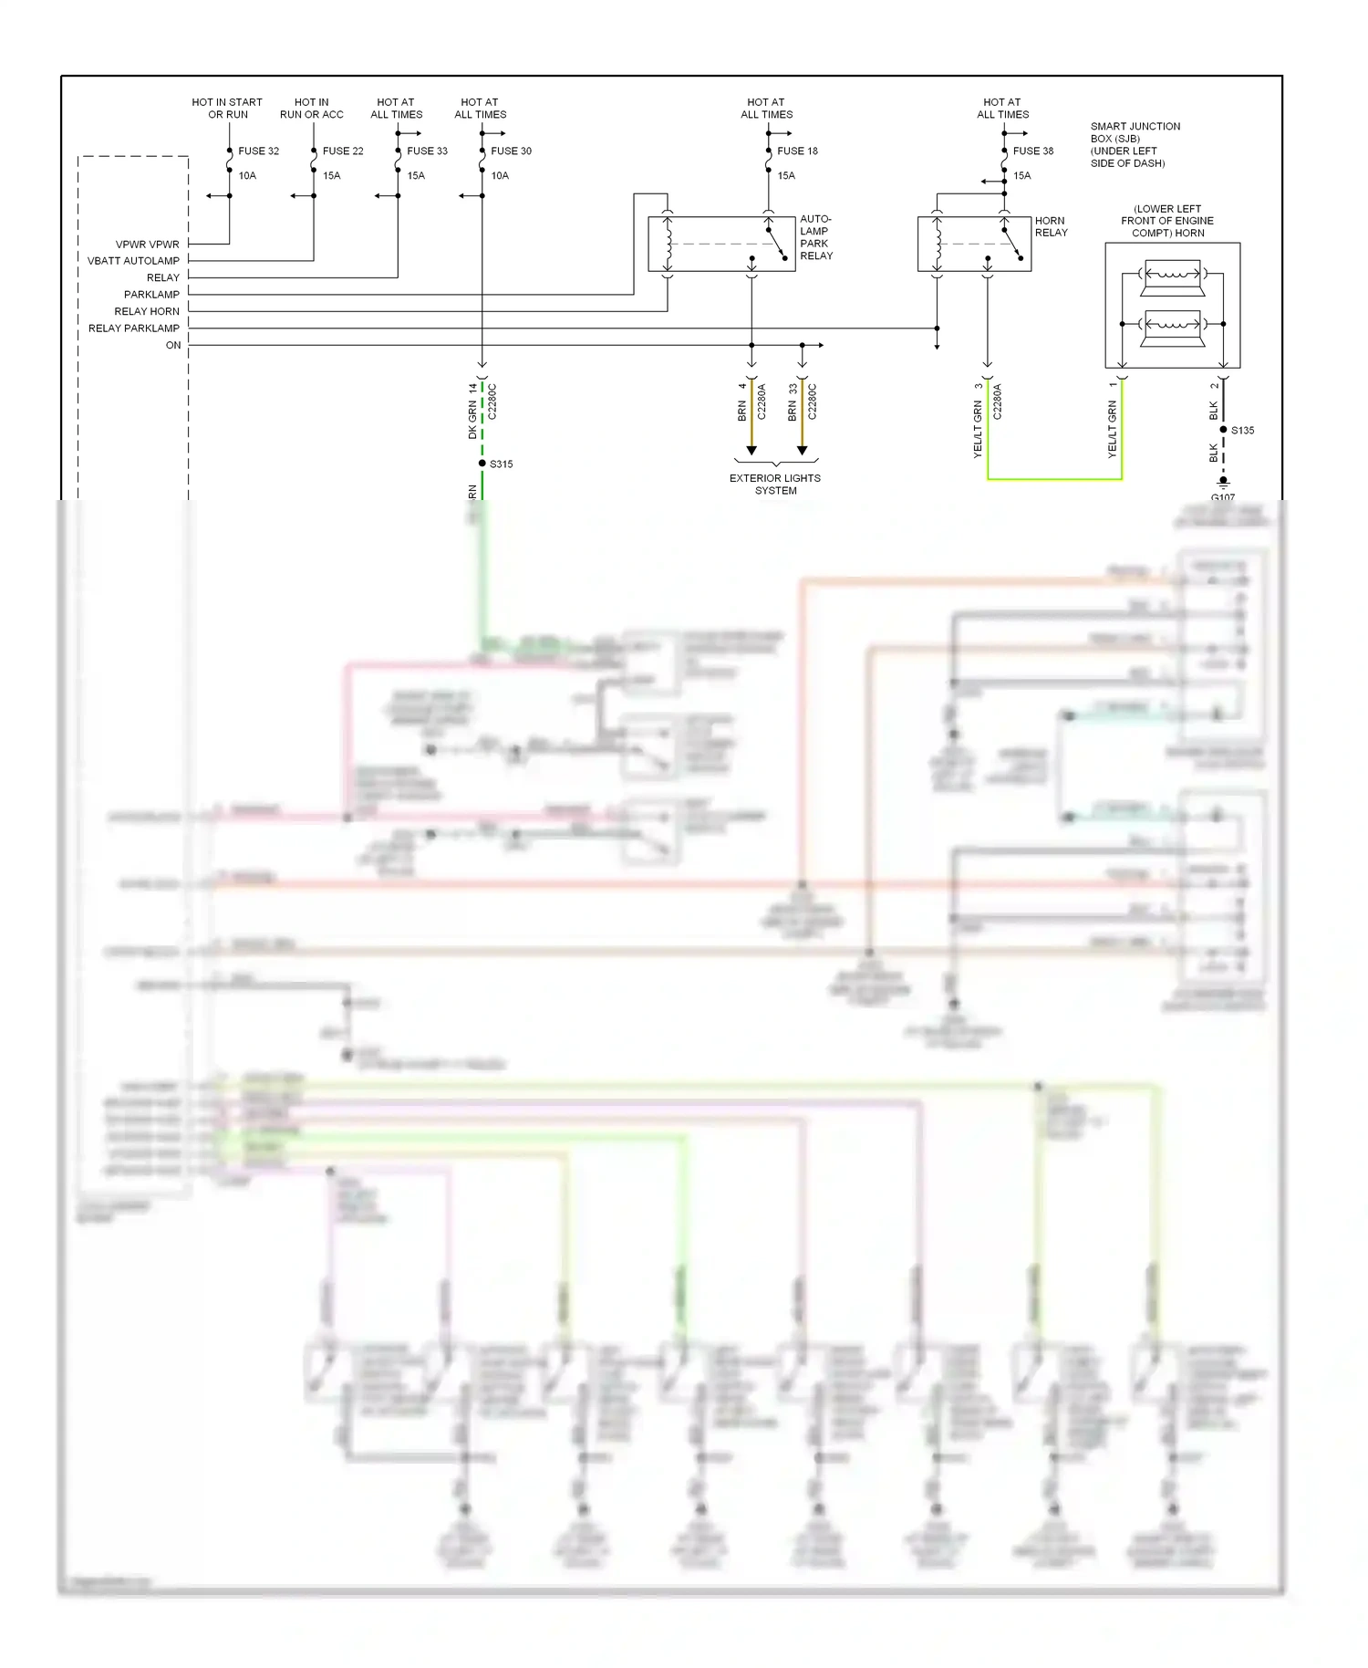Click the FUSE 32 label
click(258, 151)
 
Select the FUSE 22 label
click(342, 151)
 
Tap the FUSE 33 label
click(427, 151)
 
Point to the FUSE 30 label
click(511, 151)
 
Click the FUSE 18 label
click(797, 151)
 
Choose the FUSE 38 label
click(1032, 151)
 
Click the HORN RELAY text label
click(1051, 227)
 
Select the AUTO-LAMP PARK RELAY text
click(815, 237)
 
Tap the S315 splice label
click(501, 464)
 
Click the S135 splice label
click(1242, 431)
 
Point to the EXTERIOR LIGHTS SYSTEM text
click(775, 485)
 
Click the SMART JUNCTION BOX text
click(1135, 144)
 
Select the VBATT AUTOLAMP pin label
click(133, 261)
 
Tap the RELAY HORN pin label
click(146, 312)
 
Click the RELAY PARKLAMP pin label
click(133, 328)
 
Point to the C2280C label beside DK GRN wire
click(492, 401)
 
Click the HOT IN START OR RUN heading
click(227, 109)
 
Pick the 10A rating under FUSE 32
click(247, 176)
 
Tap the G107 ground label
click(1222, 497)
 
